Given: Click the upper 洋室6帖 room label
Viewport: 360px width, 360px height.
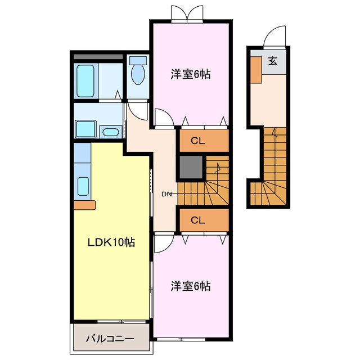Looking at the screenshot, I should click(191, 74).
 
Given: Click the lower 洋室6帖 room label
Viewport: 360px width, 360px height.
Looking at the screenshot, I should click(191, 286).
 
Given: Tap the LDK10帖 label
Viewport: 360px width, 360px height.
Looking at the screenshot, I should click(110, 242).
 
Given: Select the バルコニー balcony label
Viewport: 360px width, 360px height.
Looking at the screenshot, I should click(110, 340).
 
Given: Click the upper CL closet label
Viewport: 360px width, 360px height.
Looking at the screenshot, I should click(197, 141).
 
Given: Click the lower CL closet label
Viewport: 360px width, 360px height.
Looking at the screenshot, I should click(197, 219).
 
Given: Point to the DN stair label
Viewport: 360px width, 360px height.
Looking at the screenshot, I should click(166, 195).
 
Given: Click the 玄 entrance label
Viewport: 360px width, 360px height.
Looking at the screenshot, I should click(272, 61).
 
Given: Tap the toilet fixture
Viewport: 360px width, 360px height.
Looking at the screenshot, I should click(137, 73).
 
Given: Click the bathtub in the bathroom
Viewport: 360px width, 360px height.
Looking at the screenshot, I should click(86, 81).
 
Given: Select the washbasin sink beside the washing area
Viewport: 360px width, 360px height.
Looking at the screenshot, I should click(111, 132).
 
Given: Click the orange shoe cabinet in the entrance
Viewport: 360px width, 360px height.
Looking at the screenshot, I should click(256, 70).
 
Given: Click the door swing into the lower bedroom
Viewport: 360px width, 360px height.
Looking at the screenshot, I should click(162, 244).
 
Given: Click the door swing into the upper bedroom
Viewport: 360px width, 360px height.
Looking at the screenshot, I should click(164, 118).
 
